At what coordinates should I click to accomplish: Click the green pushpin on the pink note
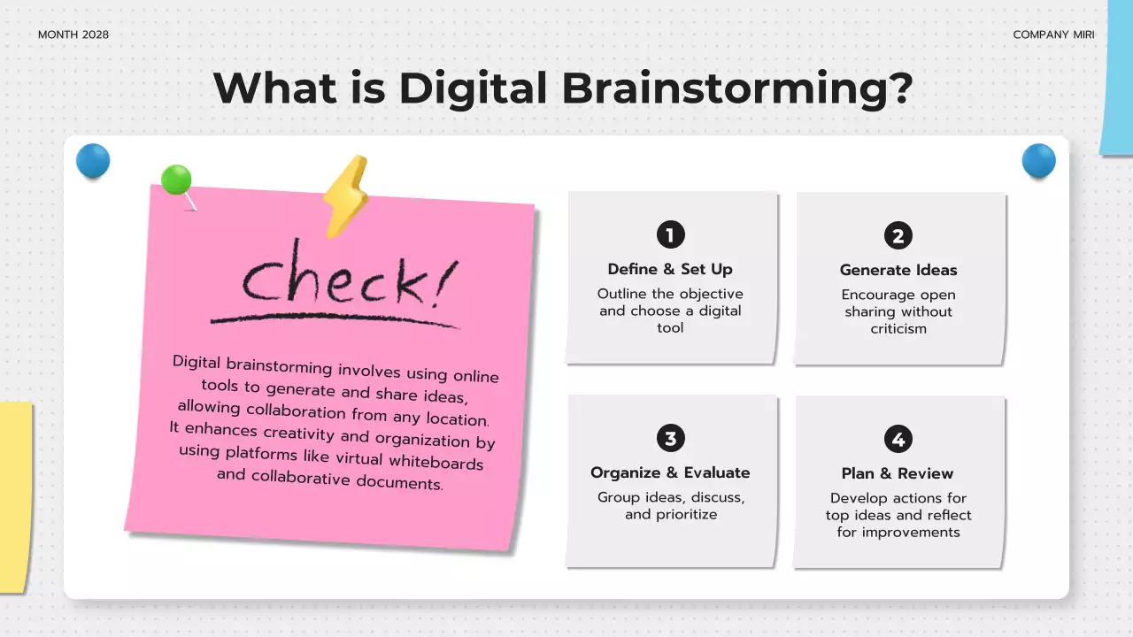[x=177, y=180]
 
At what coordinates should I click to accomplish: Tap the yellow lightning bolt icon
[x=345, y=196]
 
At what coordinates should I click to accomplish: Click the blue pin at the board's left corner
[x=93, y=161]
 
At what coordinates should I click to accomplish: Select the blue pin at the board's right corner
[x=1039, y=161]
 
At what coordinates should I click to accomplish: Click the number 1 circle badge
[x=670, y=234]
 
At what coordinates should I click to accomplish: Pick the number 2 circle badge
[x=898, y=235]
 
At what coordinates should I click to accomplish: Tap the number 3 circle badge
[x=670, y=438]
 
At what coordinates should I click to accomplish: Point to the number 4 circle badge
[x=898, y=439]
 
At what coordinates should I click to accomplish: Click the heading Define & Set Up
[x=670, y=269]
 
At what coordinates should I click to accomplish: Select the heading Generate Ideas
[x=898, y=270]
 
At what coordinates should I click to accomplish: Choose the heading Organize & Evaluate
[x=670, y=472]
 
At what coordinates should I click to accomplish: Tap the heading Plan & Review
[x=898, y=473]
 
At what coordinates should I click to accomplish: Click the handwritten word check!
[x=347, y=279]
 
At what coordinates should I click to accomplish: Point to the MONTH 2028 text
[x=73, y=35]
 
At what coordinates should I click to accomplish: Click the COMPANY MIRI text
[x=1053, y=35]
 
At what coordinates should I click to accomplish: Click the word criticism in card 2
[x=898, y=328]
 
